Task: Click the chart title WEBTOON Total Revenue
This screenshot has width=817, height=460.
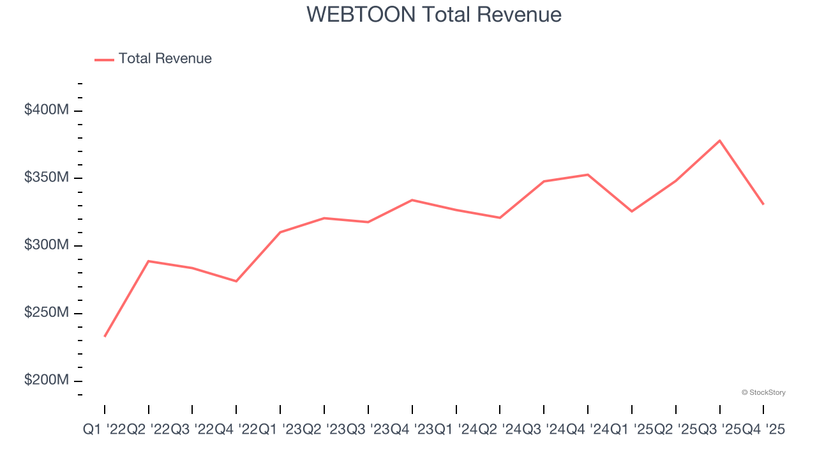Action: [434, 14]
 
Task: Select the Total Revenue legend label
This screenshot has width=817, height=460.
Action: [165, 59]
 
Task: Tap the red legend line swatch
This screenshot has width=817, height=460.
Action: [104, 59]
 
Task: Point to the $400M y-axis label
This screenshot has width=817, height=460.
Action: [46, 110]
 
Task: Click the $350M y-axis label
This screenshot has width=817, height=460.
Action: [46, 178]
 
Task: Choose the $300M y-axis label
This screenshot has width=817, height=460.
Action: [46, 245]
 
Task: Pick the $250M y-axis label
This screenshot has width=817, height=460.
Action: [46, 313]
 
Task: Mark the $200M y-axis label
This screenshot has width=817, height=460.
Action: [46, 380]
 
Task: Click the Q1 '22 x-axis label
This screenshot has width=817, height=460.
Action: [105, 431]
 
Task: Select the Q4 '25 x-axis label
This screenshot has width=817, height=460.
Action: [763, 431]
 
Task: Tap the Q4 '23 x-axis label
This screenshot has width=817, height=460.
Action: [412, 431]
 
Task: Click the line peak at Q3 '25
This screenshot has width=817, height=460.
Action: [719, 141]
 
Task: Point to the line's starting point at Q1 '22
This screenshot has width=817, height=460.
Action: [105, 336]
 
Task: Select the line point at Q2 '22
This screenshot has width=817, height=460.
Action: [149, 261]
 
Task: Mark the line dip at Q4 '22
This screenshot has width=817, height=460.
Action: [236, 281]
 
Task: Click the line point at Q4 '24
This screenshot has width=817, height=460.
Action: [588, 174]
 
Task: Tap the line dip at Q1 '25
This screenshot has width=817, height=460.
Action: [632, 211]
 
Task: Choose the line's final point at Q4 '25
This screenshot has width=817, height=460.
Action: [763, 204]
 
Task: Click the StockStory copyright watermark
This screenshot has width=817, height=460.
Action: [763, 392]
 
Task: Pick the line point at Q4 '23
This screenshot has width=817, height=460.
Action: [412, 200]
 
